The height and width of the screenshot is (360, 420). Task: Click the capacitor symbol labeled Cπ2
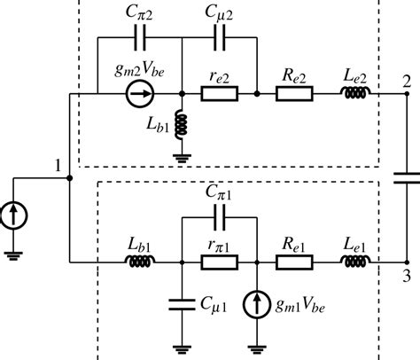click(x=139, y=41)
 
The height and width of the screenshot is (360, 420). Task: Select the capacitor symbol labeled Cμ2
click(x=218, y=41)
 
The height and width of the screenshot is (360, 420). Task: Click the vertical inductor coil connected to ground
click(x=181, y=126)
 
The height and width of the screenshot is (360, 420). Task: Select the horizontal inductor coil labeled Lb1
click(x=140, y=262)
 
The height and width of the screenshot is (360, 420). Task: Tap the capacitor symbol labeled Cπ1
click(x=218, y=215)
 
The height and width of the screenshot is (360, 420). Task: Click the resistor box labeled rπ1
click(x=218, y=262)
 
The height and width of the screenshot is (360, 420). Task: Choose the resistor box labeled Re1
click(x=292, y=262)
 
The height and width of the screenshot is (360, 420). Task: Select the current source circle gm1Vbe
click(x=256, y=302)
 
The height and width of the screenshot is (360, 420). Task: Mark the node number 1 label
click(x=58, y=166)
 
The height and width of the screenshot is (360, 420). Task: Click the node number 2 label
click(x=406, y=78)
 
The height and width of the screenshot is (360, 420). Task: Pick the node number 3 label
click(x=406, y=277)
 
